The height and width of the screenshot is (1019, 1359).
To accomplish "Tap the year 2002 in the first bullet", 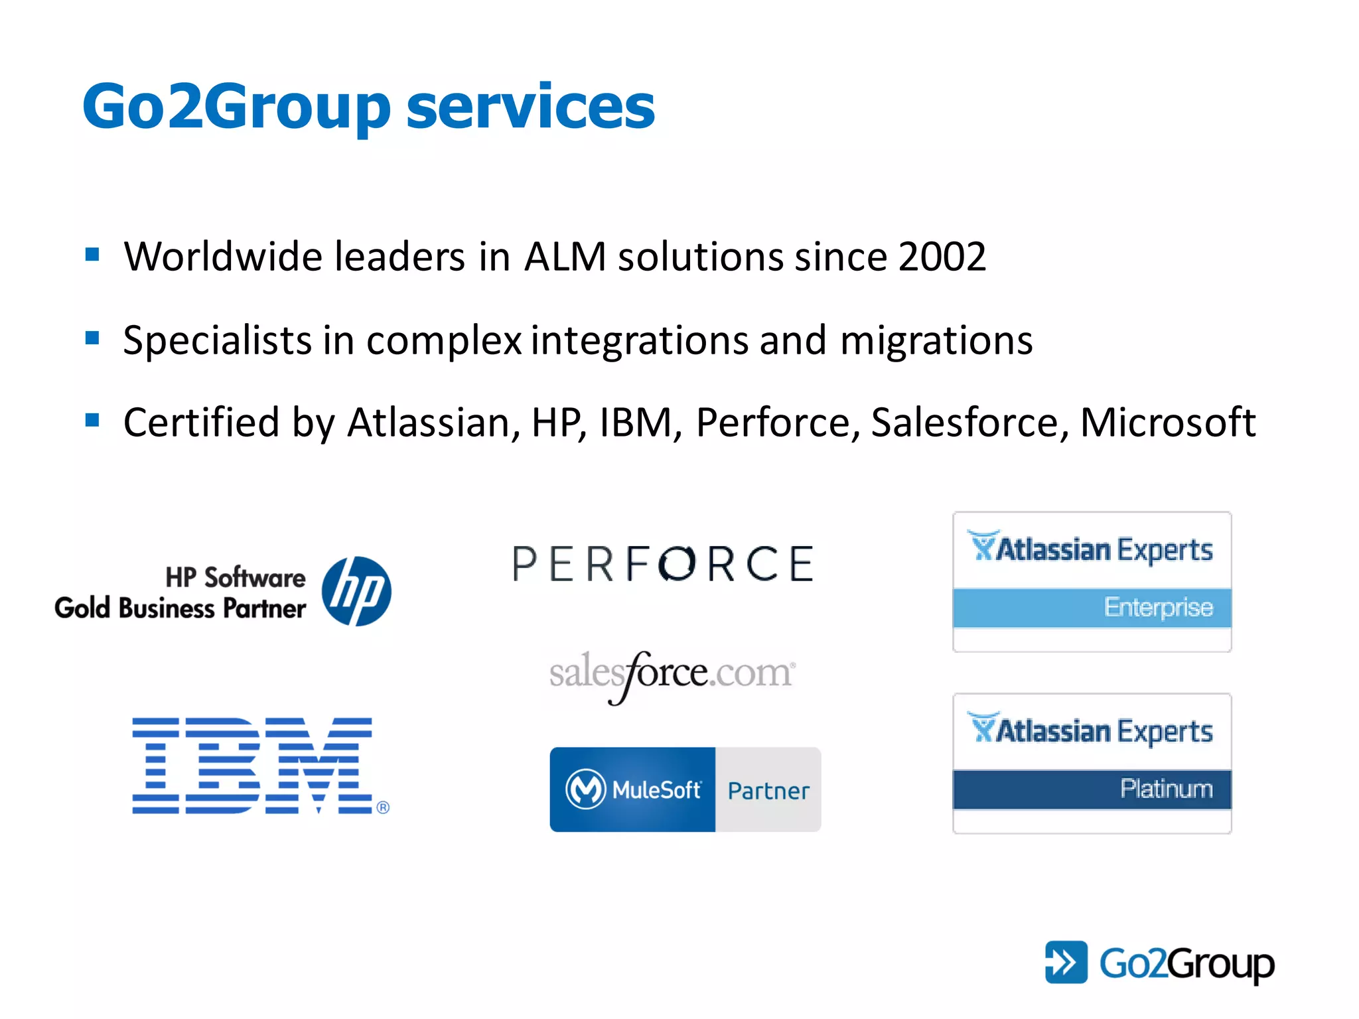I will (x=942, y=257).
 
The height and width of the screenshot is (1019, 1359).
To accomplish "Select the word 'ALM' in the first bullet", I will (x=565, y=257).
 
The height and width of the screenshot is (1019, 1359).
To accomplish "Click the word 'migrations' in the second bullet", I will (x=936, y=340).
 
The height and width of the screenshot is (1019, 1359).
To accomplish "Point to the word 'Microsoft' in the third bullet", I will (x=1168, y=423).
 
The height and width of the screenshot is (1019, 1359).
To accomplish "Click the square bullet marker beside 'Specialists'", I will (x=92, y=338).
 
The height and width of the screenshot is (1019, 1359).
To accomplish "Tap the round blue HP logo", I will (x=356, y=591).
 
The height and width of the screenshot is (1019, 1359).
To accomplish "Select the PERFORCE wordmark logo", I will (x=663, y=565).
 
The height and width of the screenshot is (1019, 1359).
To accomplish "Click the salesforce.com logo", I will (x=672, y=674).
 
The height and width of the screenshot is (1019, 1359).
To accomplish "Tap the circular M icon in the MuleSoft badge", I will (x=585, y=789).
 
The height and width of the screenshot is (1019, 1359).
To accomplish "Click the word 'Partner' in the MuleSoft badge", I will (x=768, y=791).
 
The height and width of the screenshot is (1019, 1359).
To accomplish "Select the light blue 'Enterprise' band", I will (x=1092, y=608).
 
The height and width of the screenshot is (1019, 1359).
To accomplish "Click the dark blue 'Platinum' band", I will (x=1092, y=789).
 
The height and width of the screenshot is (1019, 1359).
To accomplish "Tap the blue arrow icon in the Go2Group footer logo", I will (x=1066, y=962).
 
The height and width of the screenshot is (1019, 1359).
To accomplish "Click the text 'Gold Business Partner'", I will (x=180, y=608).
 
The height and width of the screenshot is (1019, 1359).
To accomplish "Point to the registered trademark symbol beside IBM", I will (x=383, y=807).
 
